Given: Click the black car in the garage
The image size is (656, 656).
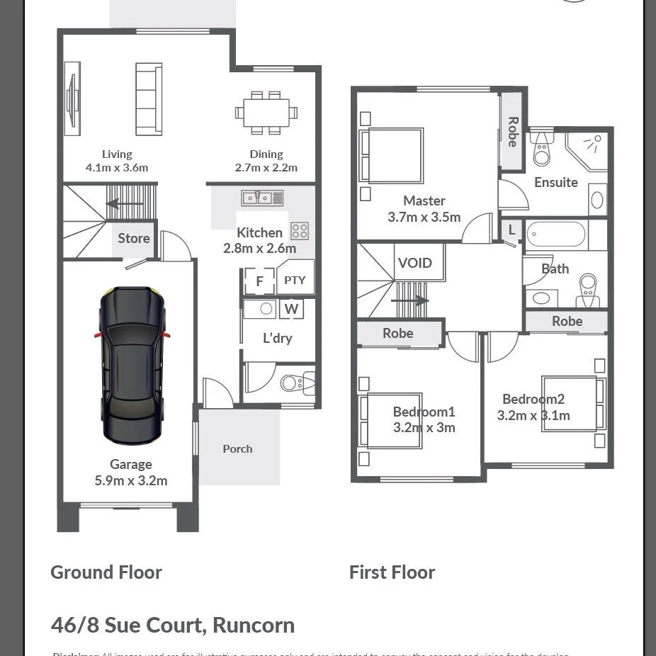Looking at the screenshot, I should click(x=132, y=364).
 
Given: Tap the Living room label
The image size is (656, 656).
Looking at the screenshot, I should click(x=117, y=154).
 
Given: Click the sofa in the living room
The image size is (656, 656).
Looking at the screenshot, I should click(x=149, y=99).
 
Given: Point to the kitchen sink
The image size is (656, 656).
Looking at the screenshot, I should click(x=262, y=198).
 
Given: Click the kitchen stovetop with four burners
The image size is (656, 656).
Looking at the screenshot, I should click(x=300, y=231).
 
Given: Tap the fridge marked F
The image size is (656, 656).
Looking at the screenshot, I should click(x=259, y=281).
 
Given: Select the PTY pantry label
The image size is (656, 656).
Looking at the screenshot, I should click(x=295, y=280).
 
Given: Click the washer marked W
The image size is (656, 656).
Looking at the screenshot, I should click(x=291, y=309).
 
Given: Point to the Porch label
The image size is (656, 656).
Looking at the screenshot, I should click(x=237, y=448).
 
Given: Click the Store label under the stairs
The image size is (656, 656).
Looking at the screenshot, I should click(x=134, y=239).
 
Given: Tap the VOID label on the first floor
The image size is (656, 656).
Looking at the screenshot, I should click(x=414, y=263).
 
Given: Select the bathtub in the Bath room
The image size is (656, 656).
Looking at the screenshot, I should click(x=556, y=234).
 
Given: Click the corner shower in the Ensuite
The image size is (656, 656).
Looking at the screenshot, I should click(x=588, y=150).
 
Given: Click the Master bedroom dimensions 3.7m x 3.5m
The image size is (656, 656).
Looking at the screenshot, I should click(x=424, y=217).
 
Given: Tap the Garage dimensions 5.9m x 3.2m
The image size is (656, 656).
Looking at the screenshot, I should click(x=131, y=480).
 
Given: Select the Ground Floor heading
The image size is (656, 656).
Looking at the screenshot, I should click(x=106, y=572).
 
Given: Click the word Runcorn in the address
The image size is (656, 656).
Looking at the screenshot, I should click(x=254, y=626).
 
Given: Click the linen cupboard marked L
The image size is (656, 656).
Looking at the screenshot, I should click(x=511, y=230).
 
